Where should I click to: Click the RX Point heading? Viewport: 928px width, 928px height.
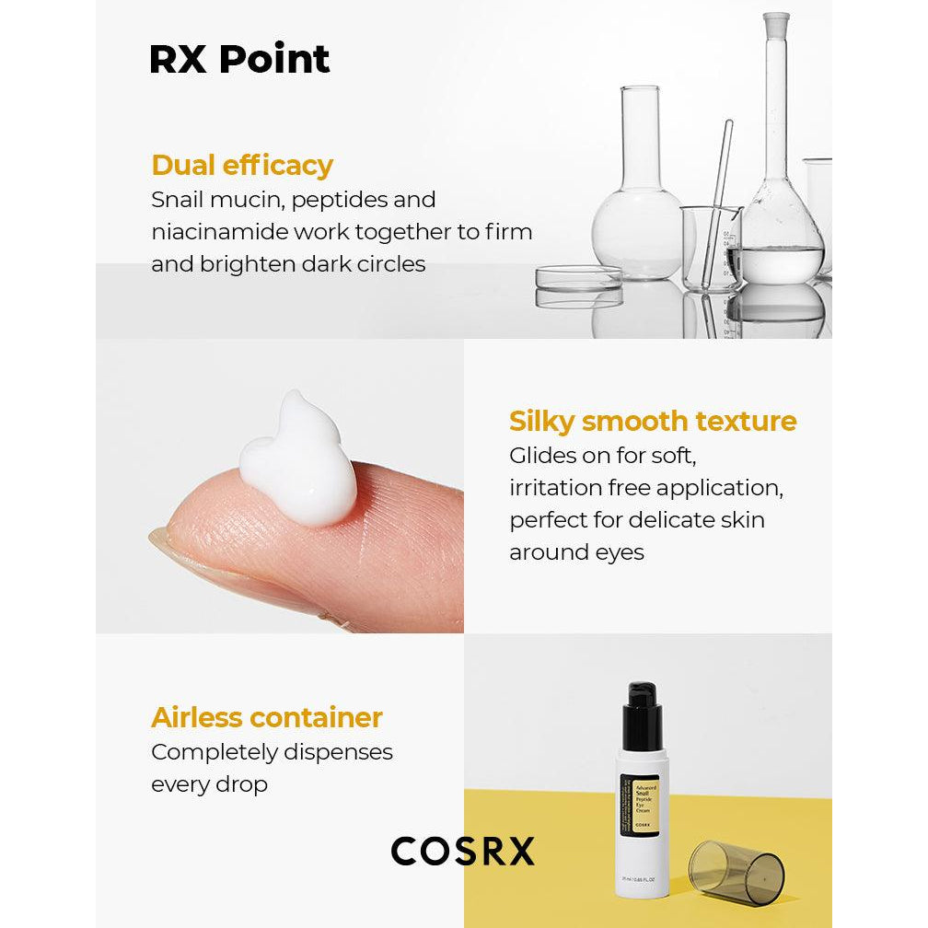[x=239, y=59]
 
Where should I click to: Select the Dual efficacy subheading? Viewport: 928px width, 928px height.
[x=242, y=165]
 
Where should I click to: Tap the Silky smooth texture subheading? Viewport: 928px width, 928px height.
[x=653, y=422]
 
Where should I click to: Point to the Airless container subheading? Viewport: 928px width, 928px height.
[x=267, y=717]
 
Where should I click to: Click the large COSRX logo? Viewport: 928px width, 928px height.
[x=463, y=851]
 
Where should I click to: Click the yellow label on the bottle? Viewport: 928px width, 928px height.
[x=640, y=805]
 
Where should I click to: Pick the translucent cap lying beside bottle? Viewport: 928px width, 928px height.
[x=737, y=872]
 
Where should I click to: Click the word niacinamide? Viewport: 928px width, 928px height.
[x=220, y=231]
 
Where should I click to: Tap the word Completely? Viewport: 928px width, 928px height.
[x=215, y=753]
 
